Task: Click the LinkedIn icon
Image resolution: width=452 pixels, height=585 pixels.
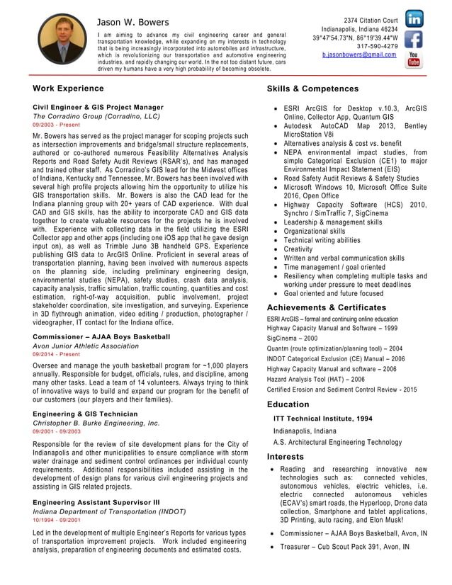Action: click(x=414, y=19)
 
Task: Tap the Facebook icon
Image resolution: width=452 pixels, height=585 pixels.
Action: click(x=414, y=40)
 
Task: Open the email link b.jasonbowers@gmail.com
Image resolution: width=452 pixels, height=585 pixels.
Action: click(x=358, y=55)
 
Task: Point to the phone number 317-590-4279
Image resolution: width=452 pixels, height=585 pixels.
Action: click(x=377, y=46)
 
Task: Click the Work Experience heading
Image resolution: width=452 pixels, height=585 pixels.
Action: click(x=68, y=89)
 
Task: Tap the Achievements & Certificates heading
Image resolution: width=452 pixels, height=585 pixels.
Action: click(x=326, y=307)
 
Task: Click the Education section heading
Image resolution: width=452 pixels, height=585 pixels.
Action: click(x=288, y=404)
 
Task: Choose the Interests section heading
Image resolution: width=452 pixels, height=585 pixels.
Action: click(x=286, y=457)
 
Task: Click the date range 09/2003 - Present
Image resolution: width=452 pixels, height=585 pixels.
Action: click(x=57, y=124)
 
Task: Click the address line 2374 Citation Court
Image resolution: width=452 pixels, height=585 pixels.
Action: click(x=371, y=19)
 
